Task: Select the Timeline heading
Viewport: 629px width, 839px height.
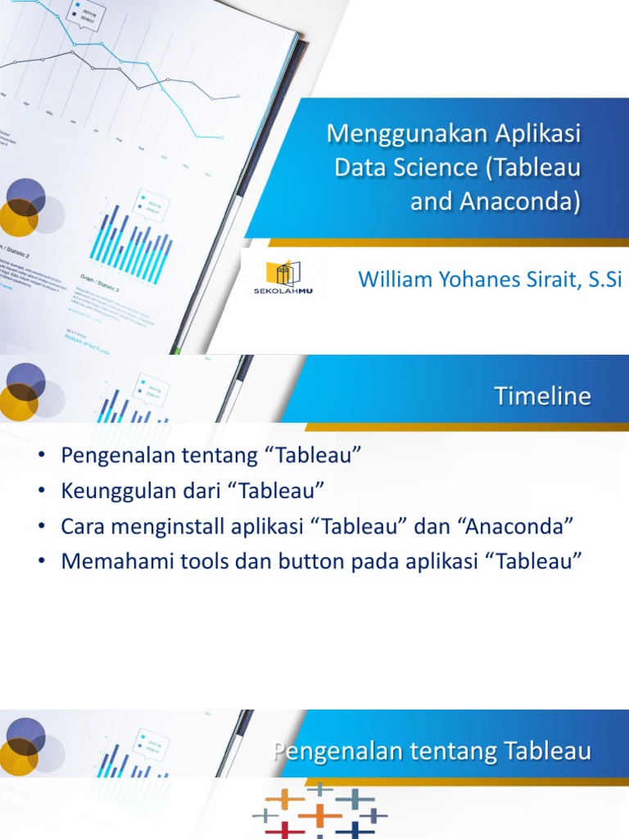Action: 542,397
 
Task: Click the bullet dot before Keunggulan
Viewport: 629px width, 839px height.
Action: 41,492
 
